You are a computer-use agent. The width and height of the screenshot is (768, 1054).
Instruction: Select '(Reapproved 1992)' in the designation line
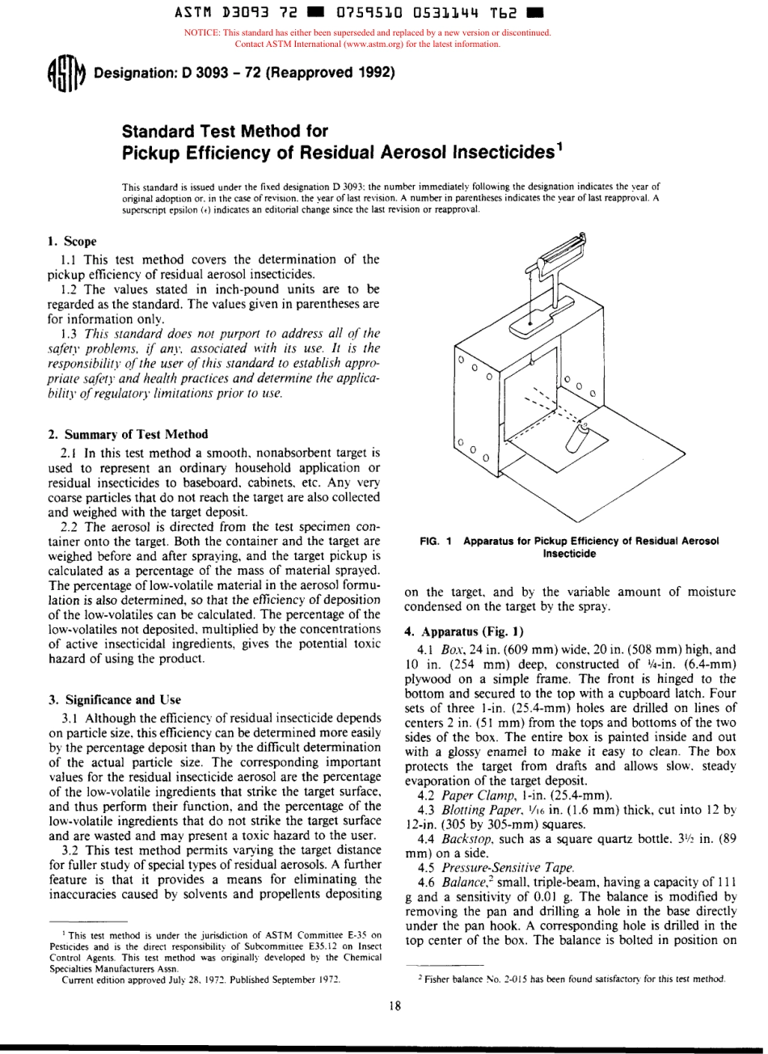click(331, 75)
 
